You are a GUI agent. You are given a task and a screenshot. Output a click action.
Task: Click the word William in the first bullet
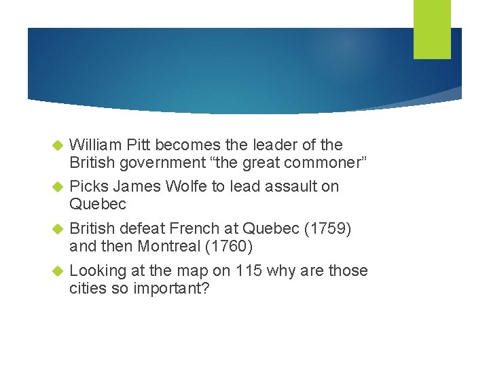tap(94, 145)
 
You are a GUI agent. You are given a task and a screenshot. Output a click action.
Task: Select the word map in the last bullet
tap(191, 270)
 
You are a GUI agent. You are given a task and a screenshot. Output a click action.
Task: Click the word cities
tap(87, 287)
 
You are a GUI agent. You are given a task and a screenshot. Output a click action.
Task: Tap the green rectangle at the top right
tap(432, 29)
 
